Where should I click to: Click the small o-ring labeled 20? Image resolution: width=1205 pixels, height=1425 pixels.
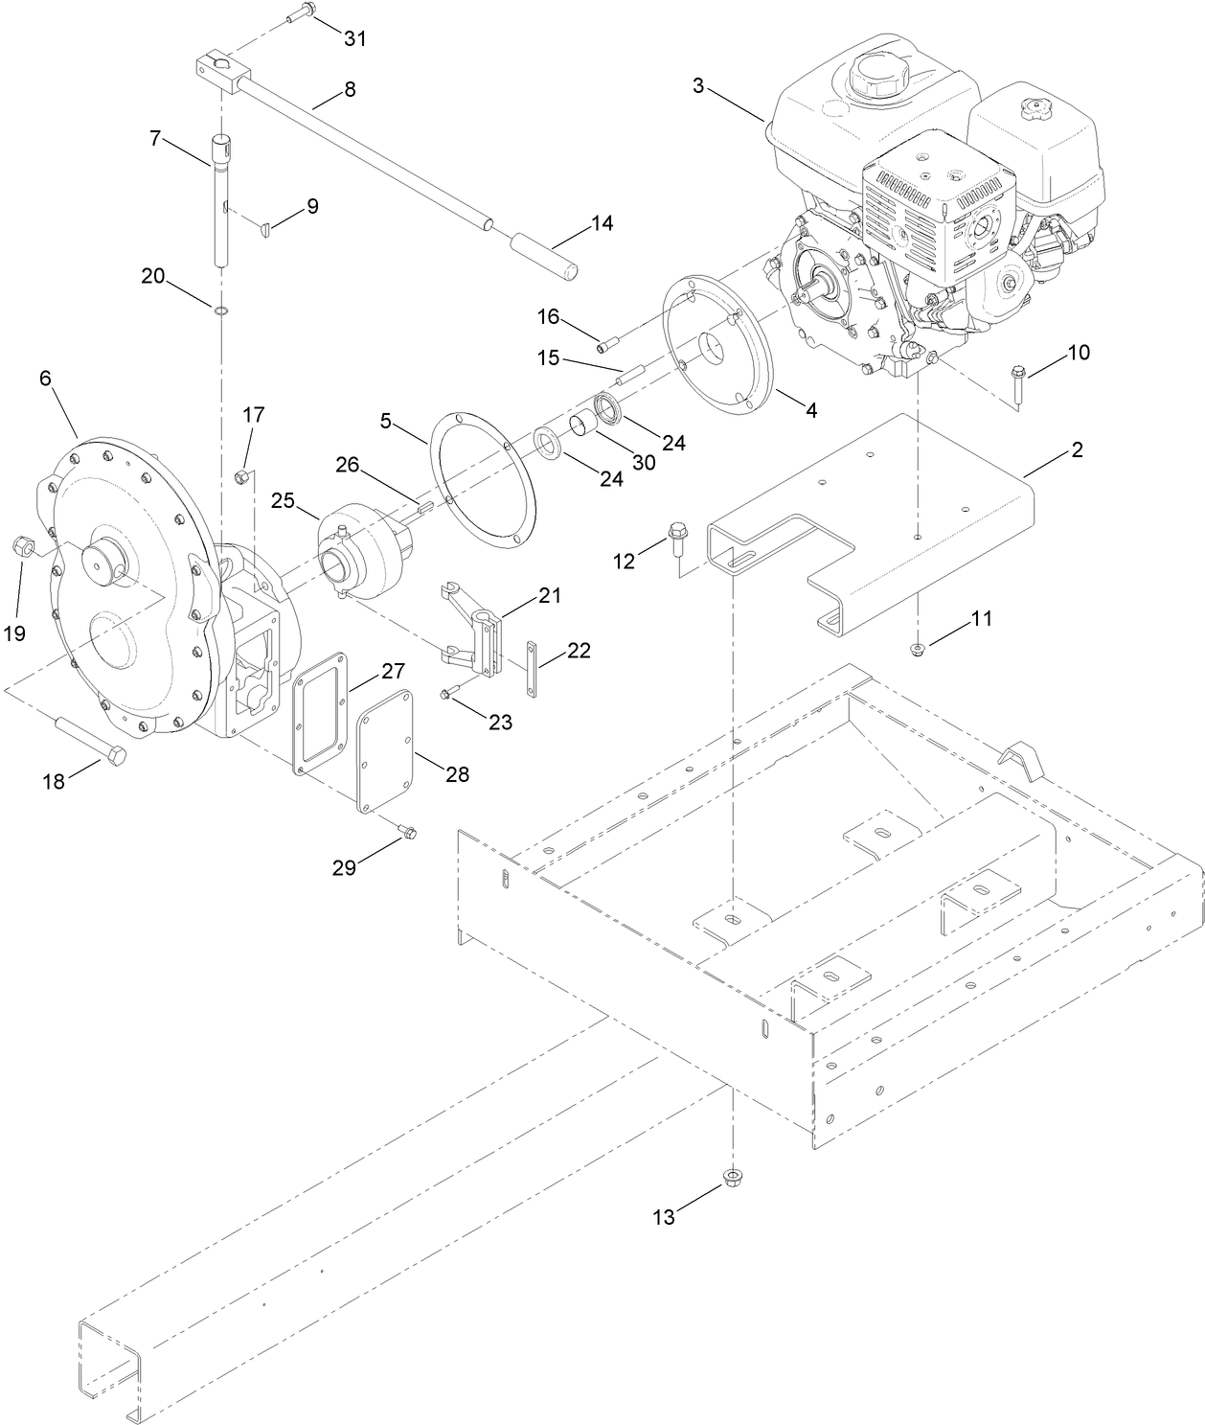[221, 310]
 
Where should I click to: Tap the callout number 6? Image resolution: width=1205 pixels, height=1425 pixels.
[45, 378]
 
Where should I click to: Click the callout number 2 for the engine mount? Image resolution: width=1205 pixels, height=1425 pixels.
[1076, 449]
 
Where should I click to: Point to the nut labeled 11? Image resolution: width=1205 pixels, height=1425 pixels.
[918, 651]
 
